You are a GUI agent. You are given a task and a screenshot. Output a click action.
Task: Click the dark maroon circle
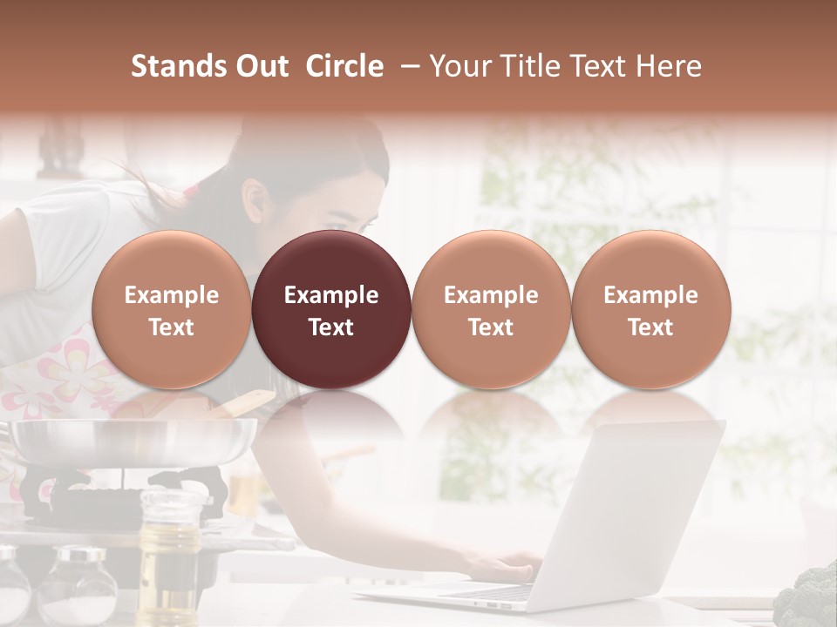331,309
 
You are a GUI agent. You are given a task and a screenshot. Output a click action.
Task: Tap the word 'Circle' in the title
344,66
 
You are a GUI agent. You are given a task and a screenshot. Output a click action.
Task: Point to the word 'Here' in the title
670,66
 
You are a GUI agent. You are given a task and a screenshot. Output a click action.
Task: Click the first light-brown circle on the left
171,309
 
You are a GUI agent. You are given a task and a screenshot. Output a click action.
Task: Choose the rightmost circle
650,309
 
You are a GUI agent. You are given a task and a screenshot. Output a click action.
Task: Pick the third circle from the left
491,309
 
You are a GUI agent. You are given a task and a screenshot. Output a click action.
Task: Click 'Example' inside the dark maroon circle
331,295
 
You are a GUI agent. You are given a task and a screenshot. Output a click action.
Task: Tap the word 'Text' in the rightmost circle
650,327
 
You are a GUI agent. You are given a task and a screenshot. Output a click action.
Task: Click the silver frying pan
131,440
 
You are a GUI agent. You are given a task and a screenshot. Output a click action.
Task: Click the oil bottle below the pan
171,531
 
